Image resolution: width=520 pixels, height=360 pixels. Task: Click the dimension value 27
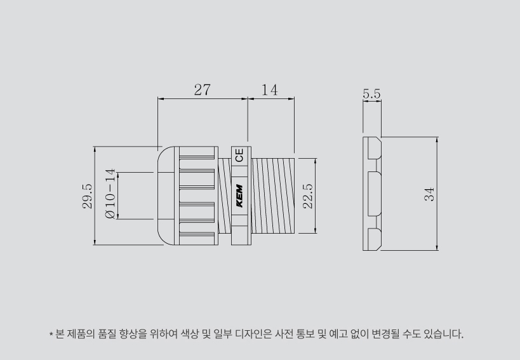click(x=202, y=90)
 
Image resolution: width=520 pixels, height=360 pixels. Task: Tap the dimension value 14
click(x=270, y=90)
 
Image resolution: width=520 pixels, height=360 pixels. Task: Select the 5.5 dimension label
click(x=371, y=94)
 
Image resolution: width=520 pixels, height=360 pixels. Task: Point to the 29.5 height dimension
click(x=87, y=196)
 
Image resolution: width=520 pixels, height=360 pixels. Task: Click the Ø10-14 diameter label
click(x=110, y=194)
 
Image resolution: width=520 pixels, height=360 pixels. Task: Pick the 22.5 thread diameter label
click(x=308, y=196)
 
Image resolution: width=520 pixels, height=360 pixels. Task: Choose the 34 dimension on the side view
click(x=429, y=194)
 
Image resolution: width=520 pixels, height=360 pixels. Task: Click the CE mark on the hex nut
click(x=239, y=155)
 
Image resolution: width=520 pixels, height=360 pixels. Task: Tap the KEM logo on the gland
click(x=239, y=196)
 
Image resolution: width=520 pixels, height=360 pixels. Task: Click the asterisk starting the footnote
click(x=51, y=334)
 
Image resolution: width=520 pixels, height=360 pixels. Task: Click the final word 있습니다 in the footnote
click(x=443, y=334)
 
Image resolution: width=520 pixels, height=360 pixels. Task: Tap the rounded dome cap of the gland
click(x=165, y=196)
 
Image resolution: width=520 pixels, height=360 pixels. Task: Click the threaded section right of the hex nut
click(x=272, y=196)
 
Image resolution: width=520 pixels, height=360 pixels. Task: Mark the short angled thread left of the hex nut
click(x=225, y=196)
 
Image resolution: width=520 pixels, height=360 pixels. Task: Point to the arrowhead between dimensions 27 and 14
click(x=248, y=98)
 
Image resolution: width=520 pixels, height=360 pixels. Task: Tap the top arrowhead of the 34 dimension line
click(x=437, y=140)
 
